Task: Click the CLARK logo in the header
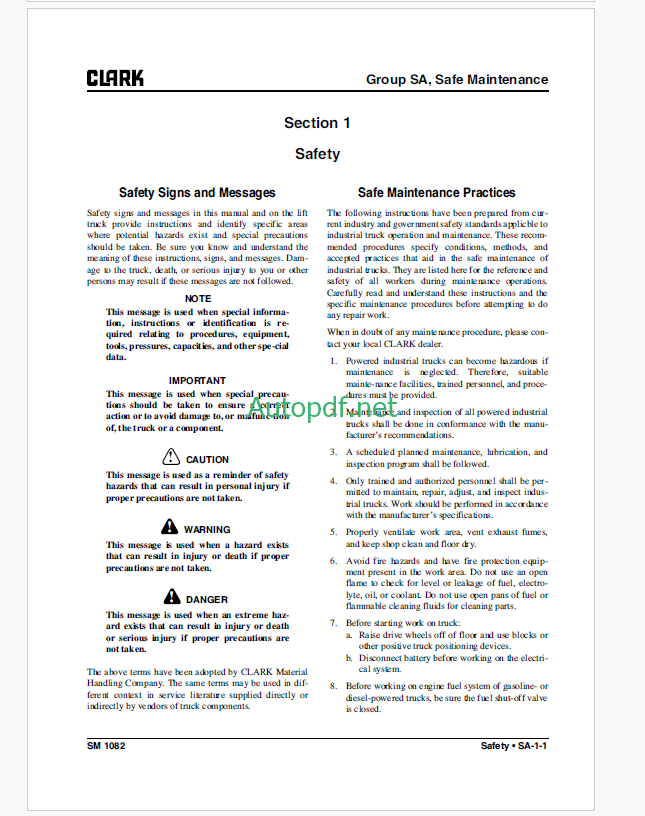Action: tap(115, 79)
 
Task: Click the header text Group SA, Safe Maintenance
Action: tap(456, 79)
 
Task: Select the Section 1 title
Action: tap(317, 123)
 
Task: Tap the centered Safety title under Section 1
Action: tap(317, 154)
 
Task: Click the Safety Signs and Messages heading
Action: tap(197, 192)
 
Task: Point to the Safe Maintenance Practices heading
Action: tap(437, 192)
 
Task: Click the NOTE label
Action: tap(197, 298)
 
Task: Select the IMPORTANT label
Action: tap(197, 380)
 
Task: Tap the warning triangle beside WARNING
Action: tap(169, 528)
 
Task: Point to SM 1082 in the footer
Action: tap(105, 746)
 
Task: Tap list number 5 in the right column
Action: tap(334, 533)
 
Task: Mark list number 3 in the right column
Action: tap(334, 452)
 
